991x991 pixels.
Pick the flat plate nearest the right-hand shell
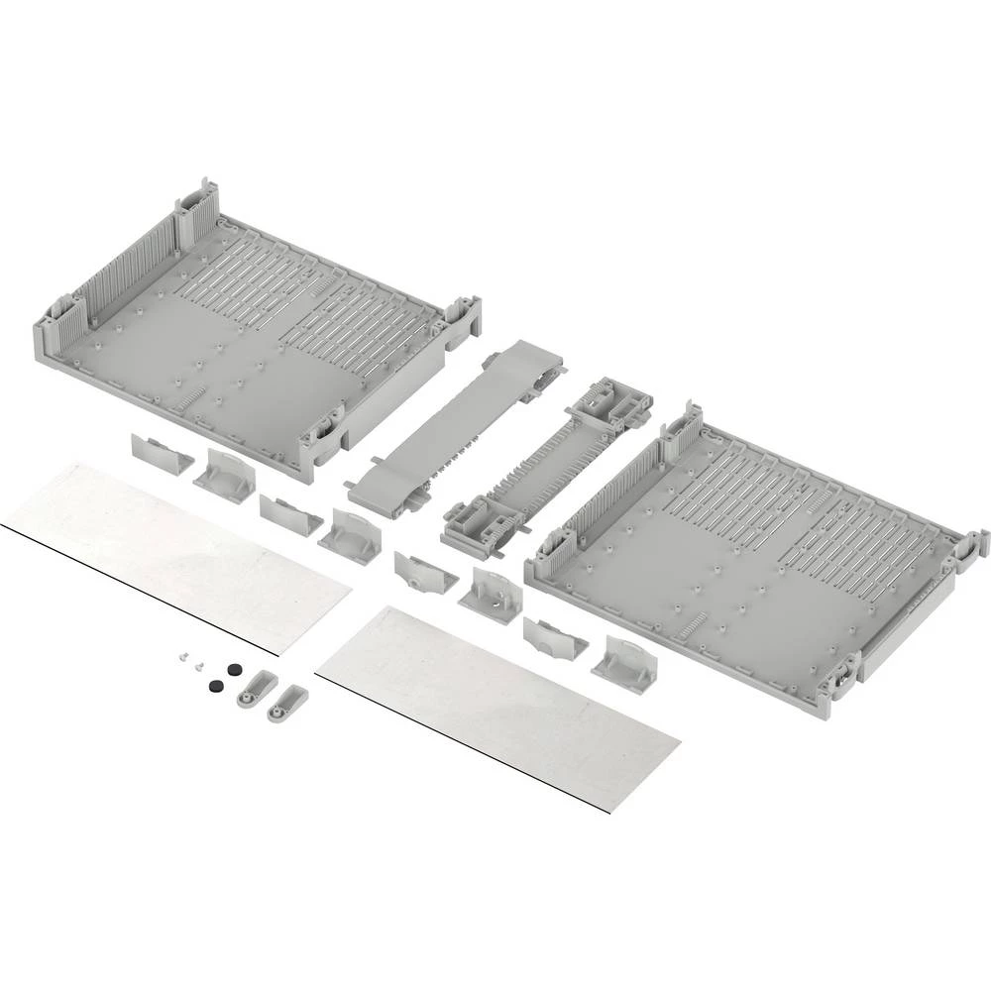[495, 699]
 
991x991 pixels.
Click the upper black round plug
[234, 670]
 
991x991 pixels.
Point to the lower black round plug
[214, 686]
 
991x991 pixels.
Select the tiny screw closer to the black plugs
[200, 665]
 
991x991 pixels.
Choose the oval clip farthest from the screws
[286, 703]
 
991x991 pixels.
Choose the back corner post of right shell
[685, 425]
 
